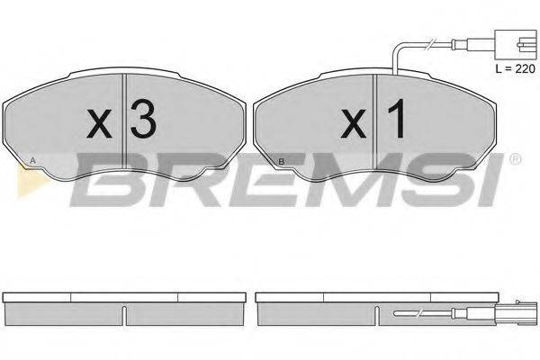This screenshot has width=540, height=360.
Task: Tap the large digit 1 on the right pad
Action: (x=393, y=120)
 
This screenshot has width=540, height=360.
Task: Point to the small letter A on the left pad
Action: (x=34, y=161)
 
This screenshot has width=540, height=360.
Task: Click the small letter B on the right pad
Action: (x=282, y=161)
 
